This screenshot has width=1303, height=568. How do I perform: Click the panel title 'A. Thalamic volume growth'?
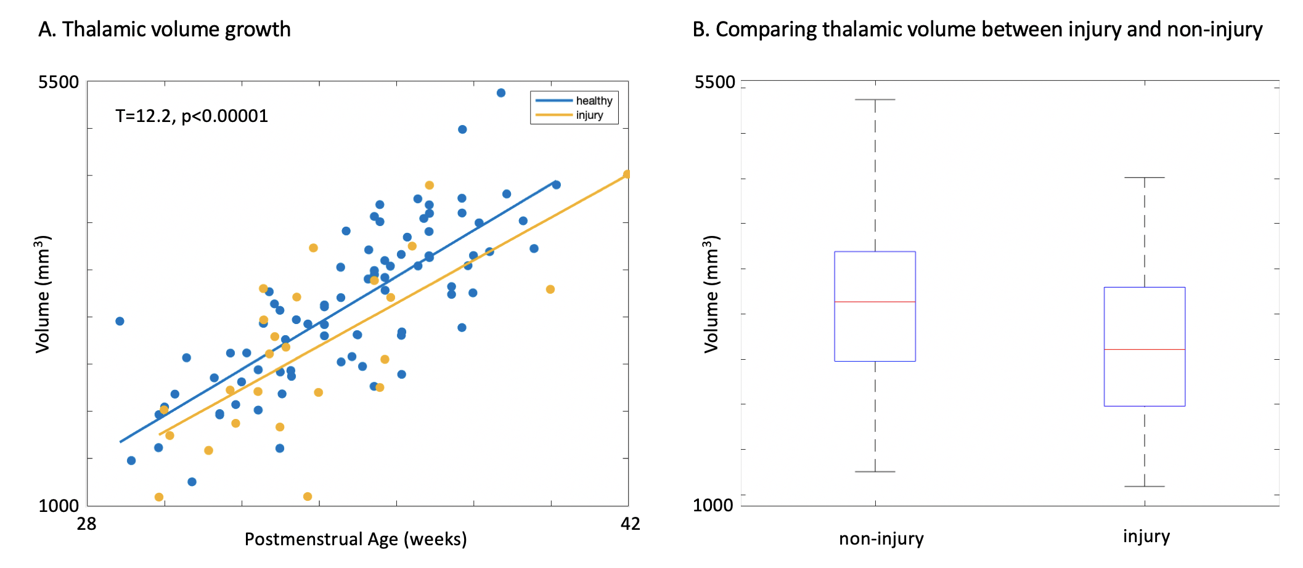point(164,30)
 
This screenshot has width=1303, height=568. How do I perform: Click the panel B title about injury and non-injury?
point(977,30)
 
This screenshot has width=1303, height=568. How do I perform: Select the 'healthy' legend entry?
point(594,101)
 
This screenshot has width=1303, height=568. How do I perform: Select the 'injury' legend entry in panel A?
point(589,115)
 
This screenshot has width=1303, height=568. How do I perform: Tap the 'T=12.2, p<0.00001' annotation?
point(192,116)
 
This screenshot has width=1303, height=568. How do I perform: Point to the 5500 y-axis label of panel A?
point(59,82)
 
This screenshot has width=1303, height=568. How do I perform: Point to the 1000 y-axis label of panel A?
point(59,506)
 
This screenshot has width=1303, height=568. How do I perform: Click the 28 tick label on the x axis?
point(86,524)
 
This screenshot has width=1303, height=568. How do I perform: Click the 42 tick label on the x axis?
point(630,524)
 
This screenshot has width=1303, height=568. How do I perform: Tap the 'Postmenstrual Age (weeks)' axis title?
point(356,539)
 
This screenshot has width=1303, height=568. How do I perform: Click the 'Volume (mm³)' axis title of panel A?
point(43,294)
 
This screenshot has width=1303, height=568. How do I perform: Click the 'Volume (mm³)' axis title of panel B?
point(711,294)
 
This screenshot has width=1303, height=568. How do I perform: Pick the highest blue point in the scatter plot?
point(501,93)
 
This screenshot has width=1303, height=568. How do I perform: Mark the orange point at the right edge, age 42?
point(627,174)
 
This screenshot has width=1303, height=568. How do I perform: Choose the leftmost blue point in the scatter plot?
point(120,321)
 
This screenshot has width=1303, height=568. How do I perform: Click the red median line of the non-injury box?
point(875,302)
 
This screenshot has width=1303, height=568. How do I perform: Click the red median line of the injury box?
point(1145,349)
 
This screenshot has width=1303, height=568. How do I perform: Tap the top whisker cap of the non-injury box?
point(875,99)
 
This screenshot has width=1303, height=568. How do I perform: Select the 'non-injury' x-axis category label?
point(881,539)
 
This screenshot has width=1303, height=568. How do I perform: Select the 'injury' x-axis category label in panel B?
point(1146,537)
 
